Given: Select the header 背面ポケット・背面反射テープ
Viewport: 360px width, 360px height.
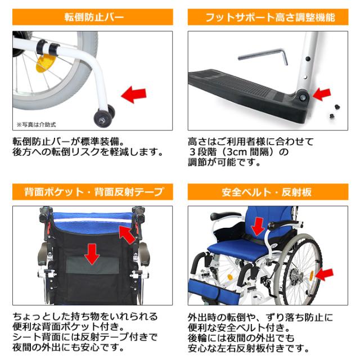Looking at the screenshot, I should tap(93, 192).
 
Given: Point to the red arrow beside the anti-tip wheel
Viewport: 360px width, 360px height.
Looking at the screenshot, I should tap(136, 94).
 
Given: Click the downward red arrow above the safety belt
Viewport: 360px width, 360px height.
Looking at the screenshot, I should tap(258, 226).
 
